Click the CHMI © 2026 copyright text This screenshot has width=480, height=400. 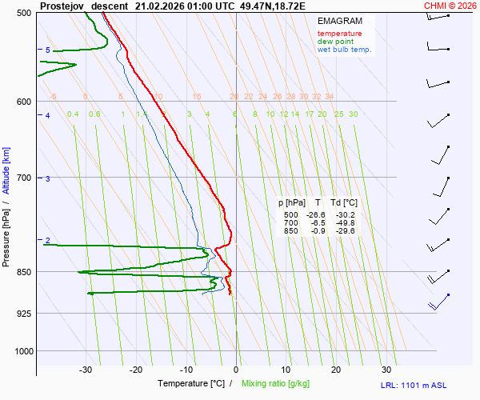[x=450, y=5]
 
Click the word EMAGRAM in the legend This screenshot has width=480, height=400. [x=339, y=21]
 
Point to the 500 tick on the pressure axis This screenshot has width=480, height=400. [x=23, y=13]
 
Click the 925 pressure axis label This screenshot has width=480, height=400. [x=23, y=313]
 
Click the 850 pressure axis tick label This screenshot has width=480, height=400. [x=23, y=272]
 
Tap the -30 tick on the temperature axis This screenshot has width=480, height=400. [x=86, y=370]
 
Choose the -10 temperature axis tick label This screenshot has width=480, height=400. [x=186, y=370]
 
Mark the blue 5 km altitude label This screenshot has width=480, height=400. [x=48, y=50]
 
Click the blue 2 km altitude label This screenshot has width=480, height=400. [x=48, y=241]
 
